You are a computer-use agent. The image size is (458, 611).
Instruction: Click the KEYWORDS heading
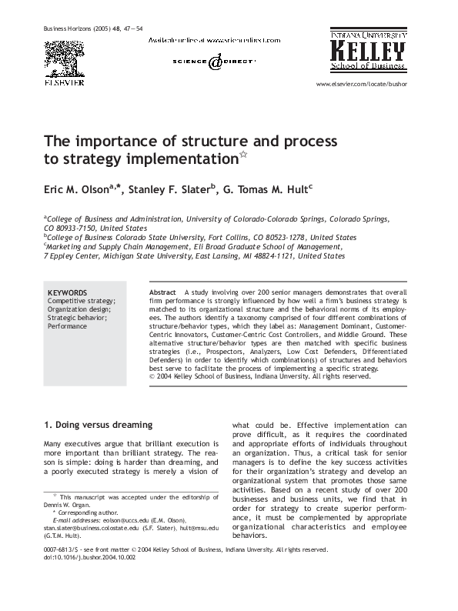[x=67, y=293]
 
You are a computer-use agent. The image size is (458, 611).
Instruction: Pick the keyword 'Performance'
[x=68, y=326]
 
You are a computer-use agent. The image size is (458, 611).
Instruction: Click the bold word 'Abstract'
[x=162, y=293]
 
